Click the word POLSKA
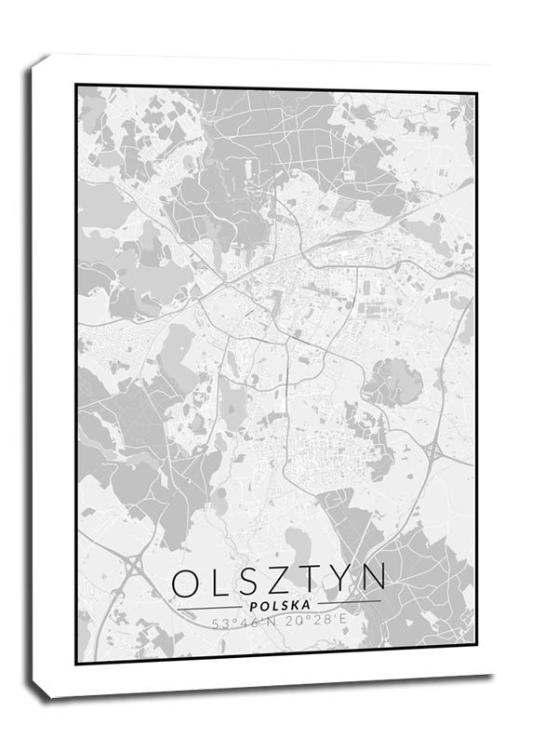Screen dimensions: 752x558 (279, 606)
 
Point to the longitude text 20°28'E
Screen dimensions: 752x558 (316, 624)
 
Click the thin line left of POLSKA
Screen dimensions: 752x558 (206, 607)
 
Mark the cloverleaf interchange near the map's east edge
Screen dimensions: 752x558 (433, 451)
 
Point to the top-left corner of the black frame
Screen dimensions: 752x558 (76, 86)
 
